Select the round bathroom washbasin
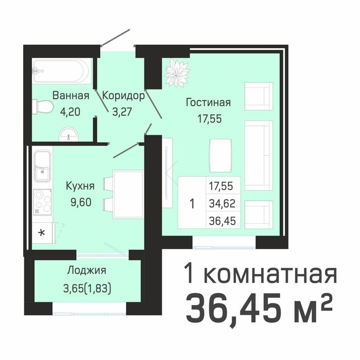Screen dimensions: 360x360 coord(68,134)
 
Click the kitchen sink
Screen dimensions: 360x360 coord(42,166)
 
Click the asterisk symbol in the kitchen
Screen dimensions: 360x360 coord(42,231)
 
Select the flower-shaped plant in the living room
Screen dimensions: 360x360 coord(177,72)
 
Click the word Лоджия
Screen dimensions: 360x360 coord(86,271)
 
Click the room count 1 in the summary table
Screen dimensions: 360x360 coord(192,203)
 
